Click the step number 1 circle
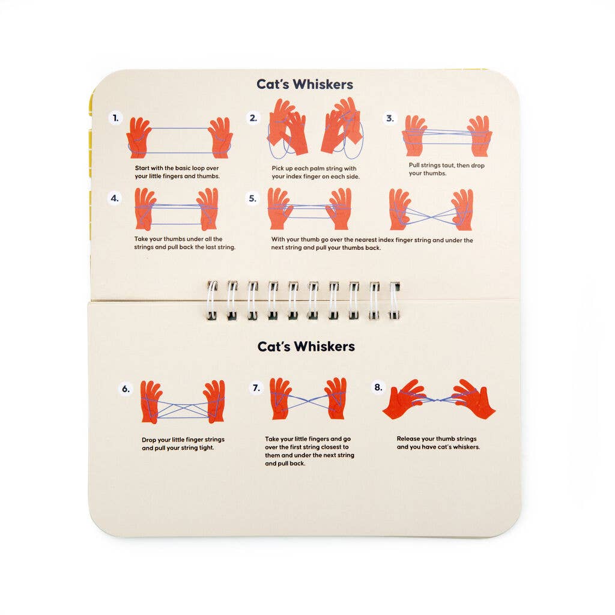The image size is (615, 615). [x=115, y=119]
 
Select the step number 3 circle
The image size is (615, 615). [x=390, y=118]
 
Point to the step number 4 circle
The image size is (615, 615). [x=115, y=198]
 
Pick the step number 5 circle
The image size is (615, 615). [x=253, y=198]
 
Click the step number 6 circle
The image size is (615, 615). [x=126, y=389]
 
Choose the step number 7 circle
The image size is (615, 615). [x=256, y=388]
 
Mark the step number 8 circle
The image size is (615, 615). [x=378, y=387]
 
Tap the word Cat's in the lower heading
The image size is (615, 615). [x=276, y=347]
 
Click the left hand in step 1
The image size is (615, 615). [x=139, y=138]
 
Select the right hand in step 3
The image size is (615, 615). [x=480, y=135]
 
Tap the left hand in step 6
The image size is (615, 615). [x=151, y=401]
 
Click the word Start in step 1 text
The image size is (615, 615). [x=143, y=169]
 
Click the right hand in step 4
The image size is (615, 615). [x=208, y=208]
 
